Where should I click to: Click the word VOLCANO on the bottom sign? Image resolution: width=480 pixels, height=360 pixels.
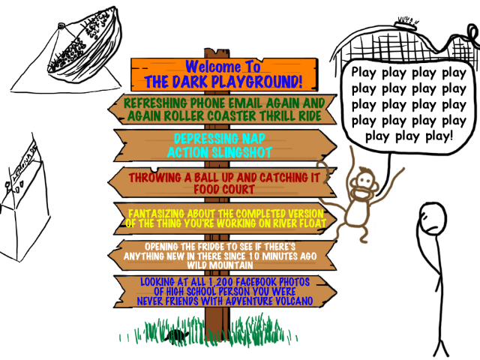click(289, 301)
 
